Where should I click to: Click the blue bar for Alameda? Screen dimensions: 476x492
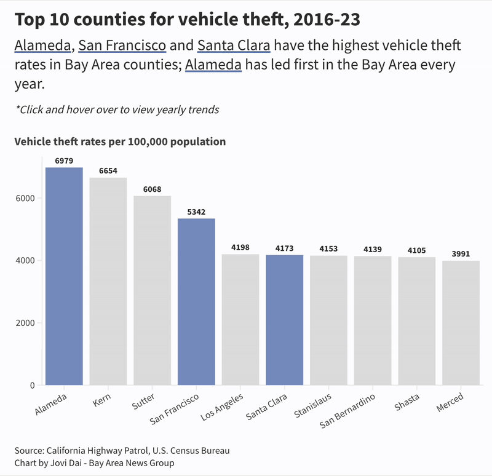[64, 277]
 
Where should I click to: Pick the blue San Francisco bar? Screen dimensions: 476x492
[196, 302]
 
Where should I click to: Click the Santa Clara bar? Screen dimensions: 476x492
[284, 320]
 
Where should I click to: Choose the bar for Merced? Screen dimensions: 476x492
[461, 323]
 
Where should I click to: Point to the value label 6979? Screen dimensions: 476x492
[64, 161]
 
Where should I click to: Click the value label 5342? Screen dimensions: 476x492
[196, 212]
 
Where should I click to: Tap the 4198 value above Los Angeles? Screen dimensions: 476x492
[240, 247]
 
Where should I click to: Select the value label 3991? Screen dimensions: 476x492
[461, 253]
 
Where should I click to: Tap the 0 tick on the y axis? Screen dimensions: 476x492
[32, 386]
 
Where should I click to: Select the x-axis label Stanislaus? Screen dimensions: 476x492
[312, 404]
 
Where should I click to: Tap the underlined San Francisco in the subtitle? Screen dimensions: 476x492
[122, 46]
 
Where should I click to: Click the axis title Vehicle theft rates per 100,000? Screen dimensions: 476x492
[120, 141]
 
